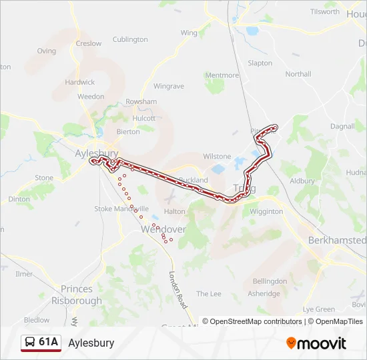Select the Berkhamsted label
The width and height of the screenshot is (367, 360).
337,240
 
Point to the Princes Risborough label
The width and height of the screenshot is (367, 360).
77,295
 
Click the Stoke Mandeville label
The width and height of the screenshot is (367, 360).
121,209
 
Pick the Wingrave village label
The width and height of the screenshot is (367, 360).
168,86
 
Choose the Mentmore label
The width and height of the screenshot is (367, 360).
222,75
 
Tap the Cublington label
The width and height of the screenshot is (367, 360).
130,39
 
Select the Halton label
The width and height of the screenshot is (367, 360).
174,211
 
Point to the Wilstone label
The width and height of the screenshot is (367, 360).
217,157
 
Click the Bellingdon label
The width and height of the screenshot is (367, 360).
270,281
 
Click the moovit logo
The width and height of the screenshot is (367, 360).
316,343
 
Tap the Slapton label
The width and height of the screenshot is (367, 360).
260,63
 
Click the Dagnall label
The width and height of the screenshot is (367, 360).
342,126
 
